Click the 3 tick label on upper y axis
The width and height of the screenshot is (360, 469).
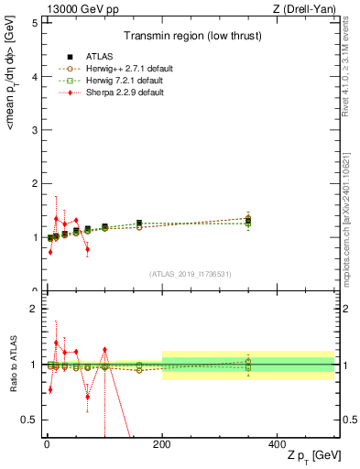point(34,130)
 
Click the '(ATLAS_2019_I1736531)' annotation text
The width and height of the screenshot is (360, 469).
point(190,274)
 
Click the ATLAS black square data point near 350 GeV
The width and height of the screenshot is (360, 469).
point(248,221)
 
